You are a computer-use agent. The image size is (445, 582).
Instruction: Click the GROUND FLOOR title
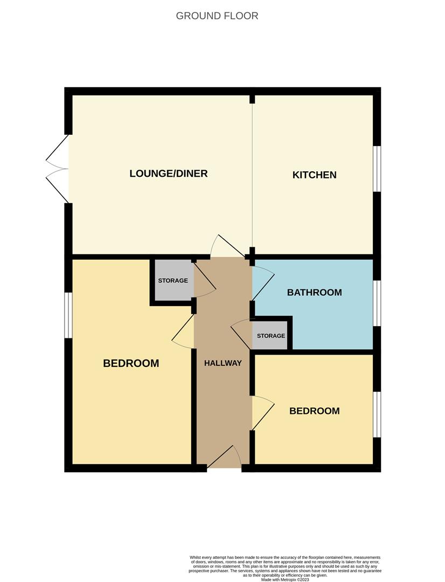[217, 16]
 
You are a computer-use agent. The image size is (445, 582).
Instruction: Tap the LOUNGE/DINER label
[169, 174]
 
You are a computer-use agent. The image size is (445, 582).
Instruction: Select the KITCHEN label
[315, 175]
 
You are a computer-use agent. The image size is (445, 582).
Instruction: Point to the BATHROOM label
[315, 293]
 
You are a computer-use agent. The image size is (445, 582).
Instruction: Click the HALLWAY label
[223, 363]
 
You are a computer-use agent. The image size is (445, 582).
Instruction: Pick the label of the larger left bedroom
[131, 363]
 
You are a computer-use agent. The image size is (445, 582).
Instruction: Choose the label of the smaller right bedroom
[315, 411]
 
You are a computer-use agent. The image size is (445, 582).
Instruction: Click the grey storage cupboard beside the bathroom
[270, 336]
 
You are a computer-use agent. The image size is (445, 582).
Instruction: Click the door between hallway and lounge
[227, 246]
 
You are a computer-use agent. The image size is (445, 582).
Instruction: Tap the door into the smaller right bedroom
[263, 413]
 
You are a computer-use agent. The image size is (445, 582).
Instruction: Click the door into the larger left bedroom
[183, 331]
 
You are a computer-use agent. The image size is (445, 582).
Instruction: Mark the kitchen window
[377, 169]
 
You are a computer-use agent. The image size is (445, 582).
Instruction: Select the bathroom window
[377, 303]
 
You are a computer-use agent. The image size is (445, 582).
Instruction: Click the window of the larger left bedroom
[68, 315]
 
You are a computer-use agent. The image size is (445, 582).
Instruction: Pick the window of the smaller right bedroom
[377, 414]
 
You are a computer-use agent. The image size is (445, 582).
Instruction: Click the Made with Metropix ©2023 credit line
[285, 579]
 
